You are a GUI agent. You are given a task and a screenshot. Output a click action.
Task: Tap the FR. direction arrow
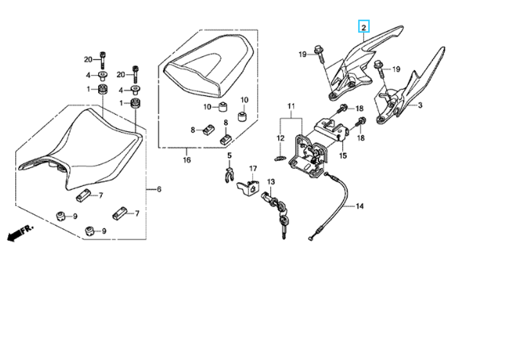[x=20, y=232]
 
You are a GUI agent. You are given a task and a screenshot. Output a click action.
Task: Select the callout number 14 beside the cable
[x=359, y=206]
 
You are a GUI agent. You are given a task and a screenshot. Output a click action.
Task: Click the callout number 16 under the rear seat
[x=187, y=160]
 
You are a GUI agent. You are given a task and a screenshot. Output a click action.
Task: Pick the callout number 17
[x=253, y=168]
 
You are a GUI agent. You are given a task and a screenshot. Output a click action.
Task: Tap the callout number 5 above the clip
[x=229, y=155]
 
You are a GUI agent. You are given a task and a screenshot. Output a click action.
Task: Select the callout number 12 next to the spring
[x=280, y=138]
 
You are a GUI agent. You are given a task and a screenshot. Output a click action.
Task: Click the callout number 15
[x=343, y=156]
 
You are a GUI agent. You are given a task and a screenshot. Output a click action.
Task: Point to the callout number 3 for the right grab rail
[x=420, y=105]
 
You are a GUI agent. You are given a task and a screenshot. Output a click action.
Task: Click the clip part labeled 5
[x=227, y=175]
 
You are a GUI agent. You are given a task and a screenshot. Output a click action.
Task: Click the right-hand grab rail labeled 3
[x=415, y=84]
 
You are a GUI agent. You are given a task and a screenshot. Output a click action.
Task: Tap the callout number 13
[x=271, y=182]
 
